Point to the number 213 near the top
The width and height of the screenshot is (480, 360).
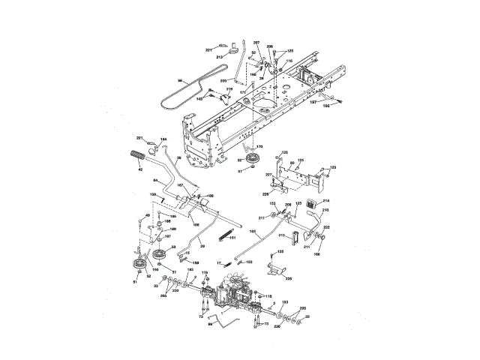[220, 56]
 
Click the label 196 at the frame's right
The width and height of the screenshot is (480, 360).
[326, 106]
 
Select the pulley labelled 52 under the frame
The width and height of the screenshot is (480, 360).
[250, 159]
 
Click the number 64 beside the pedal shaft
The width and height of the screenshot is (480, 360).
[155, 181]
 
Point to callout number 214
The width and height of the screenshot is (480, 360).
[326, 202]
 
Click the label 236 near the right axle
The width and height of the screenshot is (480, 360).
[277, 326]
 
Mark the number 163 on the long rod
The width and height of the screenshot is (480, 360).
[253, 231]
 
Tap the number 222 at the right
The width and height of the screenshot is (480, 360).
[327, 227]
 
